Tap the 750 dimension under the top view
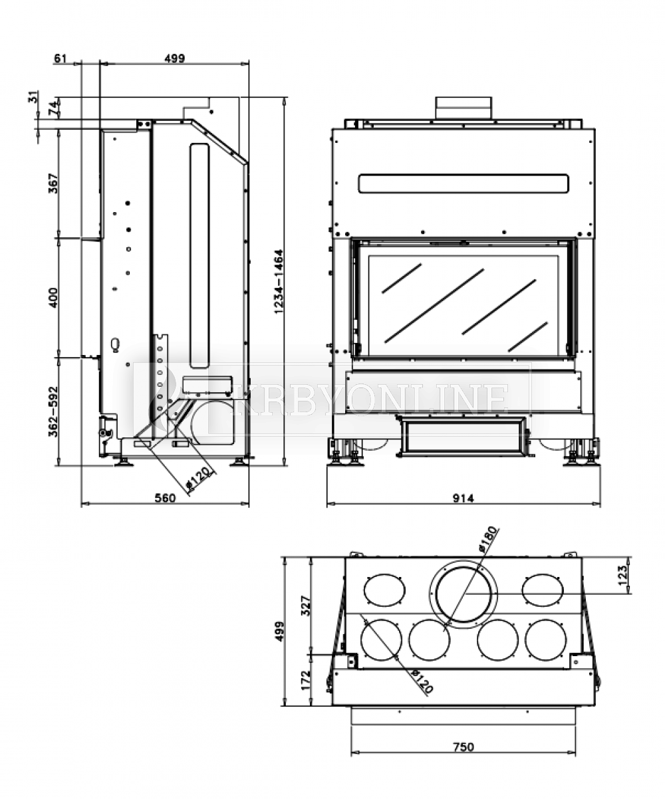click(x=463, y=746)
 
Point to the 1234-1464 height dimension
click(x=279, y=281)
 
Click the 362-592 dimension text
click(x=54, y=412)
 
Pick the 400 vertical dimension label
click(x=54, y=297)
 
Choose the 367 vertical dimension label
click(x=54, y=183)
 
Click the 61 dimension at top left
click(x=61, y=58)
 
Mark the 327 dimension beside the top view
click(x=307, y=606)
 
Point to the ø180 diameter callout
click(x=487, y=540)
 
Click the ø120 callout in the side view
click(x=198, y=479)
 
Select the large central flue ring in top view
click(x=464, y=594)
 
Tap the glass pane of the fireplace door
click(x=463, y=304)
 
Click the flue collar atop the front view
click(x=464, y=108)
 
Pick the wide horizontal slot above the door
click(x=464, y=183)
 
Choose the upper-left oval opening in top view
click(x=384, y=590)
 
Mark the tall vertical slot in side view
click(x=199, y=256)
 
